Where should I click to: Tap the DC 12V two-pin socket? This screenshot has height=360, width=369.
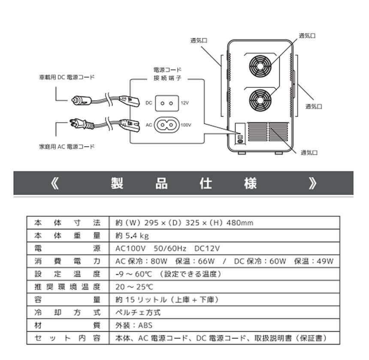click(x=166, y=103)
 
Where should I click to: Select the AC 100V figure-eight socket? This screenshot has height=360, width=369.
click(x=166, y=125)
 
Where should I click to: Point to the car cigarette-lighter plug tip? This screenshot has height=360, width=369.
click(x=76, y=100)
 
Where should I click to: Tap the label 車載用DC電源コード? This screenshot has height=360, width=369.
click(x=64, y=78)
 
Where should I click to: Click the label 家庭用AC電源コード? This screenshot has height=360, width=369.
click(x=64, y=147)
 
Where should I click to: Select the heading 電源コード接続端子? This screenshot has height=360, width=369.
click(x=167, y=73)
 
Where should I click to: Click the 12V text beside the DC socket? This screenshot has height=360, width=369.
click(x=184, y=103)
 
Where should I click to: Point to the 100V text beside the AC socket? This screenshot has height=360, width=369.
click(x=186, y=125)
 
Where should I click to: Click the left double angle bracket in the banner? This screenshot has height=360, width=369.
click(x=54, y=183)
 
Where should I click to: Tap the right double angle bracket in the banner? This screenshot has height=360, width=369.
click(x=312, y=183)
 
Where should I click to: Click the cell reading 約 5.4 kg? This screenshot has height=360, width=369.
click(x=132, y=236)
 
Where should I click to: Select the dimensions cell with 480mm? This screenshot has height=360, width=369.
click(x=184, y=223)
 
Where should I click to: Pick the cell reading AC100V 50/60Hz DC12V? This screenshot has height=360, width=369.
click(x=168, y=249)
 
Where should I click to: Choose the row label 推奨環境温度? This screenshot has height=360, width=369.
click(x=67, y=287)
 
